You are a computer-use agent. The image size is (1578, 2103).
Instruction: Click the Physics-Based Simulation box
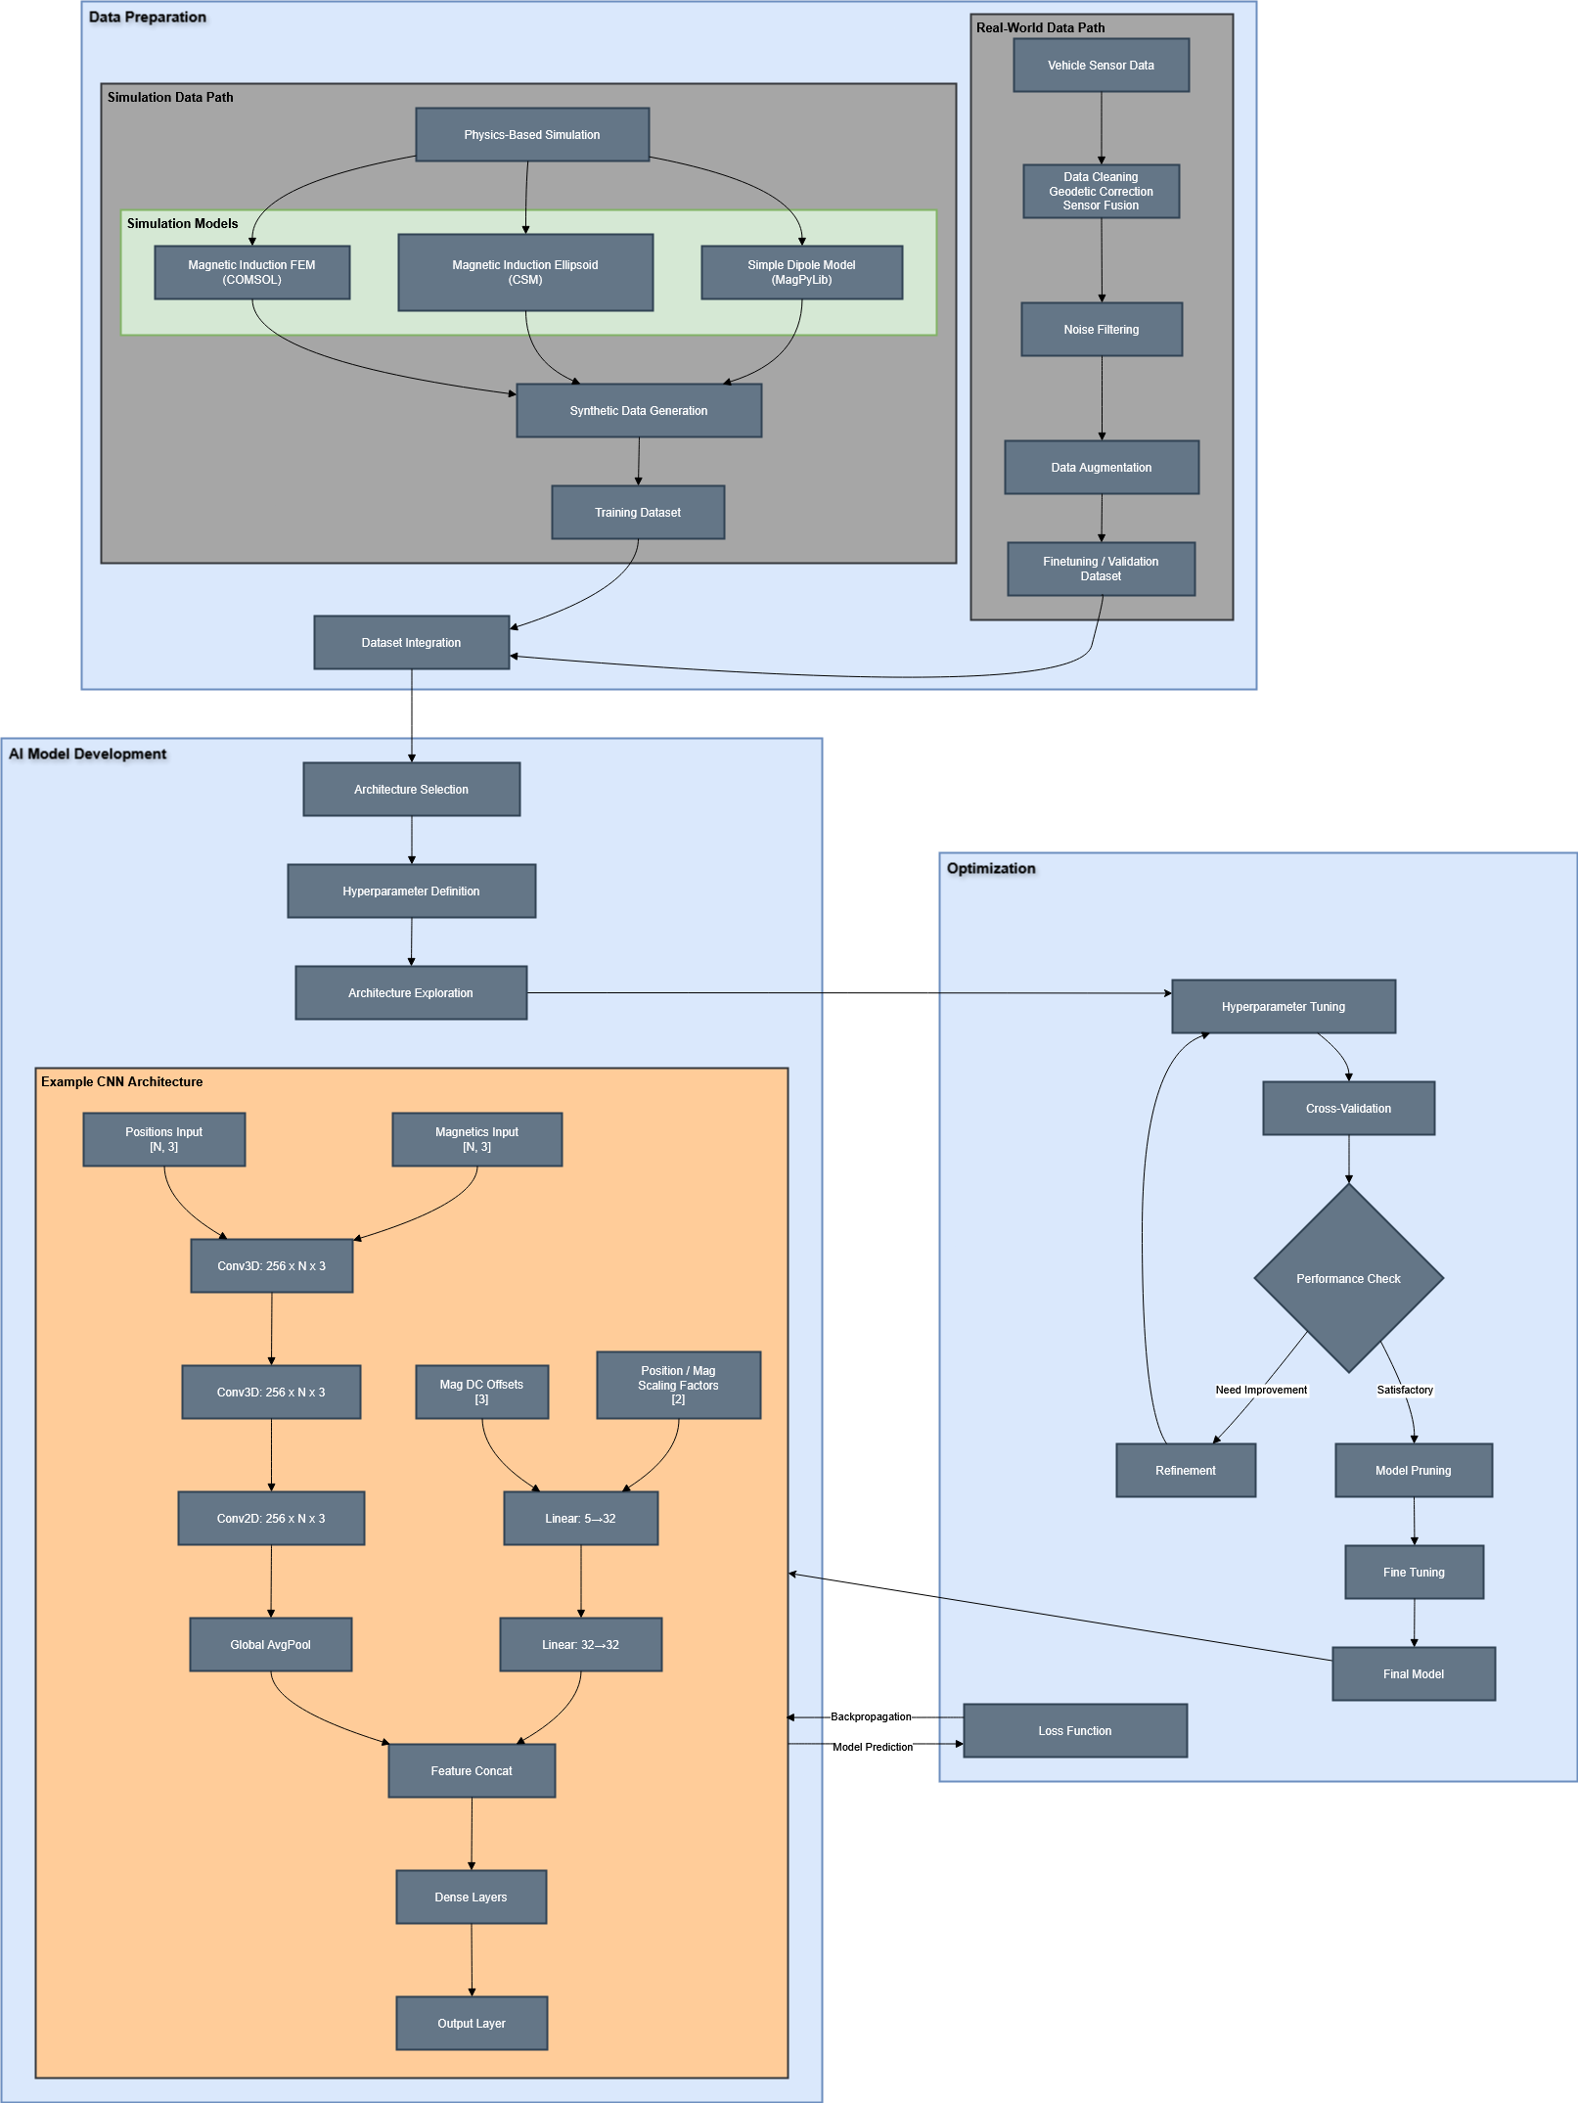[x=532, y=134]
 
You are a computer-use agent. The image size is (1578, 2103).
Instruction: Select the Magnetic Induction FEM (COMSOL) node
[x=251, y=272]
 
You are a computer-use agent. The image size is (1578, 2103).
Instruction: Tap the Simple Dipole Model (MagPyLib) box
[x=801, y=272]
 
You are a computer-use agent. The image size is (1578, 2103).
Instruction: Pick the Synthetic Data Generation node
[x=639, y=410]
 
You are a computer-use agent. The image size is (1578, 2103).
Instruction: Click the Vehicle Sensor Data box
[x=1101, y=66]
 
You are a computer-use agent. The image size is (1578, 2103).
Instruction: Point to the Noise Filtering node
[x=1102, y=329]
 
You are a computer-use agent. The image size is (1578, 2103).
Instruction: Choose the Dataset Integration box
[x=411, y=642]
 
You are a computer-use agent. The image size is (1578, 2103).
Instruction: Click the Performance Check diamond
[x=1348, y=1278]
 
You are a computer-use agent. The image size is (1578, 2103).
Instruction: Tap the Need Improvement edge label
[x=1261, y=1390]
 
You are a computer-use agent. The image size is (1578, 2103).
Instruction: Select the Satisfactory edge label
[x=1405, y=1390]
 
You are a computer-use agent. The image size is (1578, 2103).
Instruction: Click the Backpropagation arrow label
[x=871, y=1716]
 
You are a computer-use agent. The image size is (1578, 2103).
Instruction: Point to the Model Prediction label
[x=873, y=1747]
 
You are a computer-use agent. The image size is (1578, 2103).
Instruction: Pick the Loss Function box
[x=1075, y=1730]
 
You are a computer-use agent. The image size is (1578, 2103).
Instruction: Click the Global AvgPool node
[x=270, y=1644]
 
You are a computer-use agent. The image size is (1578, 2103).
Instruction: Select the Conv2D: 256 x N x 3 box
[x=271, y=1518]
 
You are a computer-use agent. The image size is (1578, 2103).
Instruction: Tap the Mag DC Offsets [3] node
[x=481, y=1392]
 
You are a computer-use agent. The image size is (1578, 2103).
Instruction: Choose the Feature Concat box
[x=472, y=1770]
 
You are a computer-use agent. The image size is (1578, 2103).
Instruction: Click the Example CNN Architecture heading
[x=122, y=1081]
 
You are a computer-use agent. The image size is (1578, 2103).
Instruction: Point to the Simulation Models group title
[x=182, y=223]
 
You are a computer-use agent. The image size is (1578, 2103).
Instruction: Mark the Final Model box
[x=1414, y=1673]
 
